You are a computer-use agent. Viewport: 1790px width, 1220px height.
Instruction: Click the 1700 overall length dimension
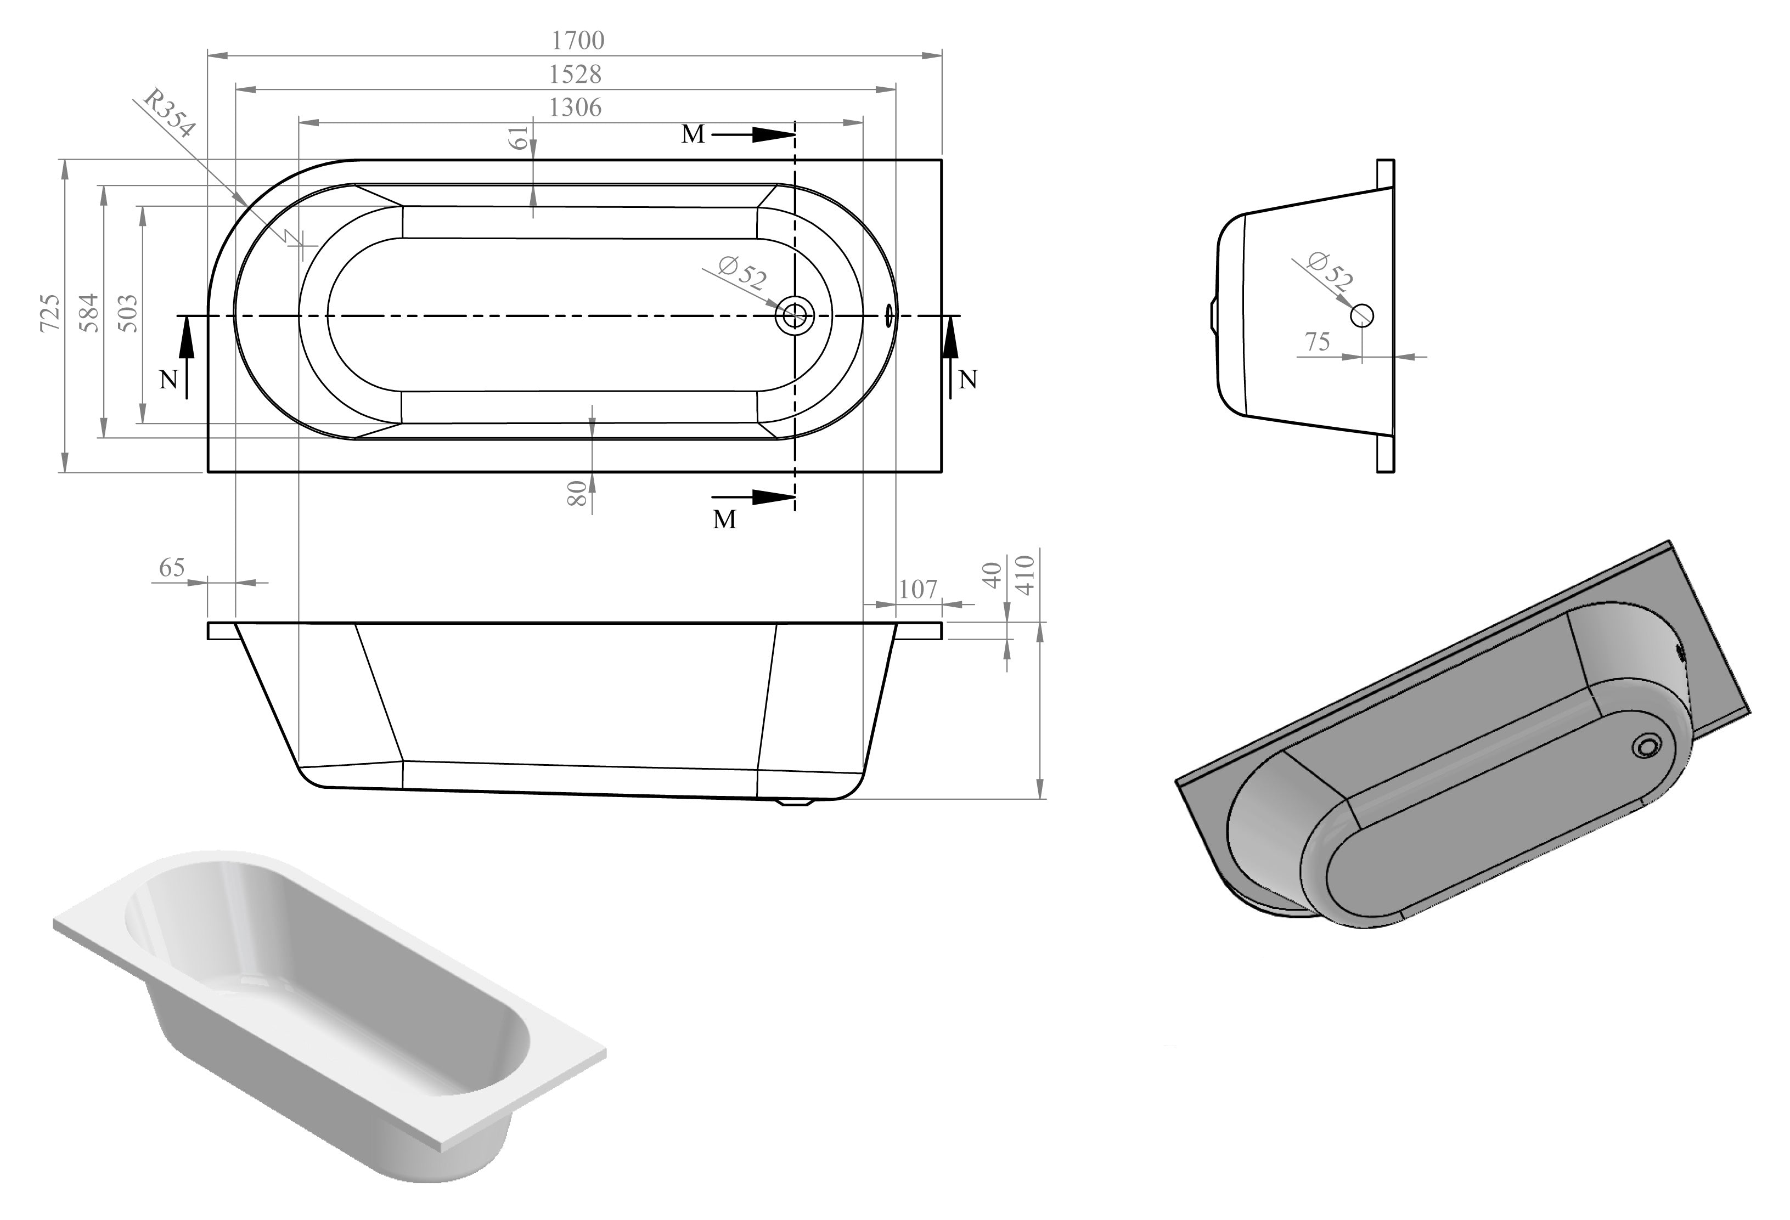click(x=578, y=40)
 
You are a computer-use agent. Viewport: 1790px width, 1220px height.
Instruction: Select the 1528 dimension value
click(x=575, y=74)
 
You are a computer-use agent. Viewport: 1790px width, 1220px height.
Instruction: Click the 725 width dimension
click(x=49, y=312)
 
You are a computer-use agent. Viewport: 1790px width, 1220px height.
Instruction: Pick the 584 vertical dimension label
click(x=89, y=312)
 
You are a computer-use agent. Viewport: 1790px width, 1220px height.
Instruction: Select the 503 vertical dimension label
click(x=128, y=313)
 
